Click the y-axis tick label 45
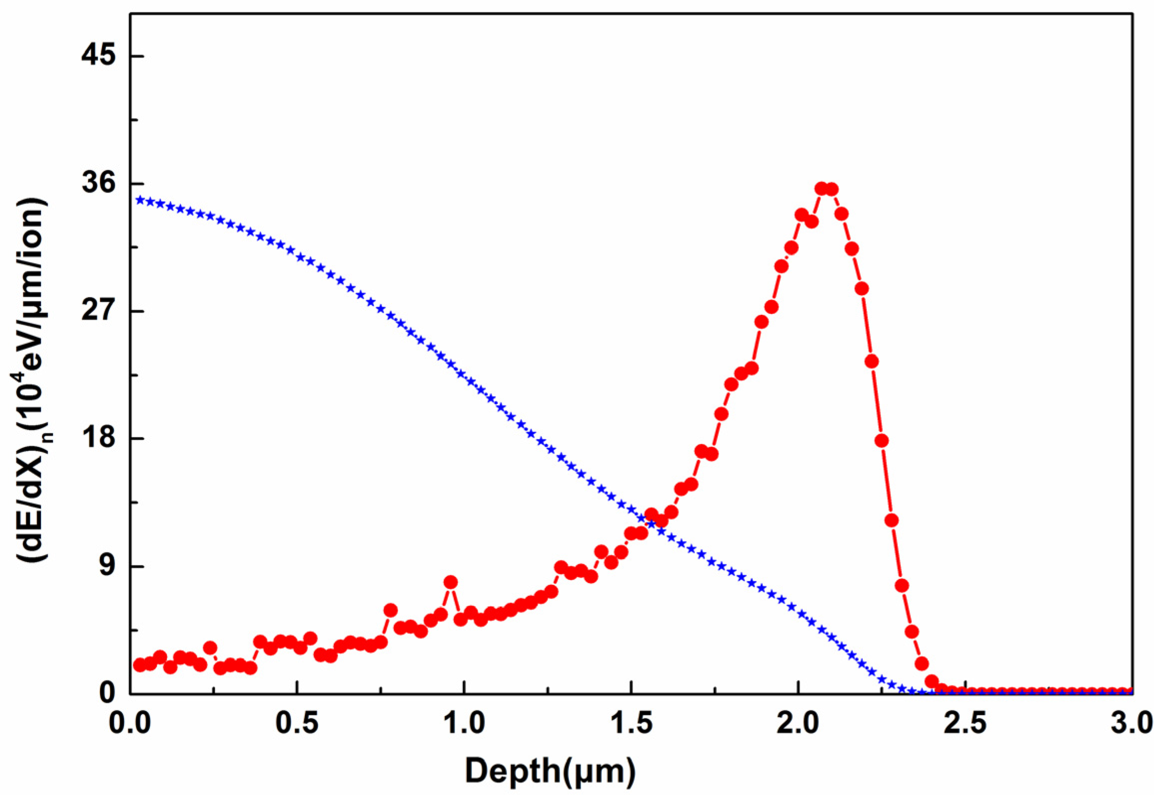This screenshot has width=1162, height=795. pos(98,55)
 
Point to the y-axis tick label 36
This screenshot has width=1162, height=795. pos(98,183)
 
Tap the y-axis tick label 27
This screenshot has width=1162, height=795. pos(98,310)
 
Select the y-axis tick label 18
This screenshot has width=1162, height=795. pos(98,438)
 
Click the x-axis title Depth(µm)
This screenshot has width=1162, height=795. pos(550,771)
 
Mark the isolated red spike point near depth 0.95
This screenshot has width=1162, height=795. pos(451,582)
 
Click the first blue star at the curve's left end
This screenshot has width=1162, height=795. pos(140,200)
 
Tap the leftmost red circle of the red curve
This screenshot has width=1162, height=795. pos(140,665)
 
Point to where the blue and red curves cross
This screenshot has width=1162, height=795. pos(650,523)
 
